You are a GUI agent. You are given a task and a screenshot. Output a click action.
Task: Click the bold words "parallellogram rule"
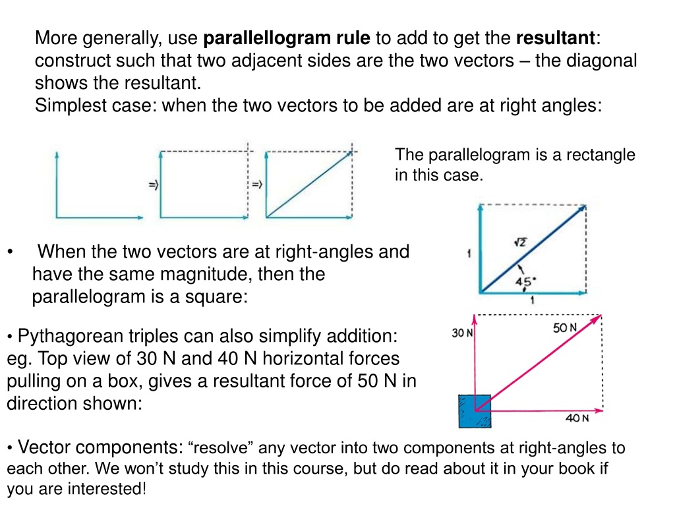pyautogui.click(x=287, y=38)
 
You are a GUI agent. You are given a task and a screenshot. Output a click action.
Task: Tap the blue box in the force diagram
pyautogui.click(x=475, y=411)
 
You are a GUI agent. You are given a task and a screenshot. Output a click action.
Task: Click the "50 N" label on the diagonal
pyautogui.click(x=564, y=327)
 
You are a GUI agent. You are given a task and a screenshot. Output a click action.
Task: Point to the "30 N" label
pyautogui.click(x=462, y=333)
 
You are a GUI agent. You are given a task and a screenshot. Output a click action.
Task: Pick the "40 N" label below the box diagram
pyautogui.click(x=577, y=417)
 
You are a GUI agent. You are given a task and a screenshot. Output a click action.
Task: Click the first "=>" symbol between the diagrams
pyautogui.click(x=152, y=186)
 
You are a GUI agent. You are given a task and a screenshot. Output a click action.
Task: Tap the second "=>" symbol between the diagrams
pyautogui.click(x=256, y=186)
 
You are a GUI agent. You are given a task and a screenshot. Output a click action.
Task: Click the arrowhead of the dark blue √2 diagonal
pyautogui.click(x=583, y=209)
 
